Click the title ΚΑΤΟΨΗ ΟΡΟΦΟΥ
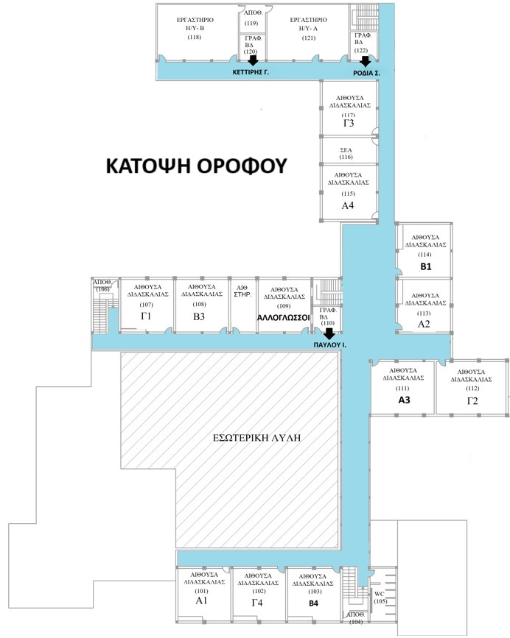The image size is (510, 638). click(x=196, y=166)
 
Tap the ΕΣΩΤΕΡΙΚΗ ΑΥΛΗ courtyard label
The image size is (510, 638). click(x=257, y=438)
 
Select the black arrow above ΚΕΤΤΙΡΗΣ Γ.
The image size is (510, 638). click(x=253, y=60)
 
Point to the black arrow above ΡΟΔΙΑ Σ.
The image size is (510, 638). click(x=365, y=61)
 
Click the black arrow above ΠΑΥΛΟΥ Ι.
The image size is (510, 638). click(x=328, y=333)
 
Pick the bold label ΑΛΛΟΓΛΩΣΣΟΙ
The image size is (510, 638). click(x=284, y=318)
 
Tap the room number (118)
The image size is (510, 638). click(x=195, y=38)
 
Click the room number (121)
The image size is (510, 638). click(x=308, y=38)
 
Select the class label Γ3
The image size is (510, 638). click(x=349, y=123)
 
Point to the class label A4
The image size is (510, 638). click(x=347, y=205)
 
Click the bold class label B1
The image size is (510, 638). click(x=426, y=267)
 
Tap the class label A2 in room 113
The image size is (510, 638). click(x=424, y=325)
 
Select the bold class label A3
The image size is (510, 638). click(x=404, y=400)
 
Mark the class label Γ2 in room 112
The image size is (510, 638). click(x=472, y=401)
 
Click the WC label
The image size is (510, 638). click(x=380, y=594)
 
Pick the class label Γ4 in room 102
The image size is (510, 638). click(x=257, y=603)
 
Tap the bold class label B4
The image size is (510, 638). click(x=313, y=603)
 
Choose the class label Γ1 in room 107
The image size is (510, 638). click(x=146, y=316)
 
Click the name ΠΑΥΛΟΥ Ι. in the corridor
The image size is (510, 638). click(x=330, y=344)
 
